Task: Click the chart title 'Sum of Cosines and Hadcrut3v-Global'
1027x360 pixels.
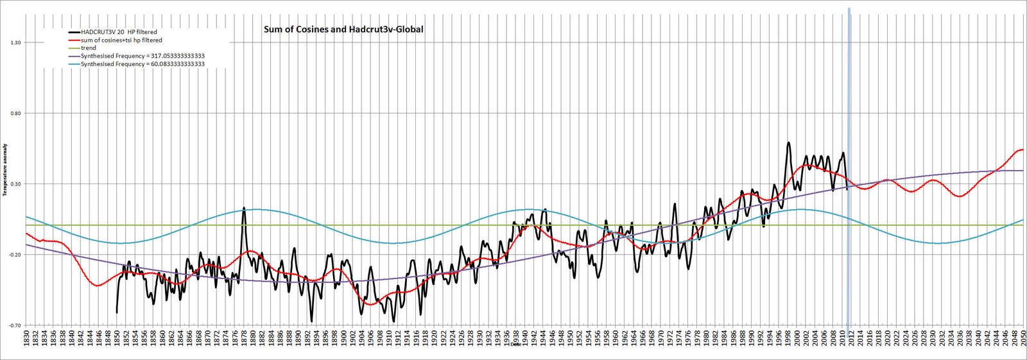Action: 343,29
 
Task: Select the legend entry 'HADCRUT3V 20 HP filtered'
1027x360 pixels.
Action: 119,32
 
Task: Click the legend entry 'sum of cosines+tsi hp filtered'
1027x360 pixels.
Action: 121,40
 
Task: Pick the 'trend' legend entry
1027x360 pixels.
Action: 89,48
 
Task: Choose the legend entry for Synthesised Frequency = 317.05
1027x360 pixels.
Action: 142,56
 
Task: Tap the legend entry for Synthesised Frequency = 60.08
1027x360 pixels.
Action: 142,64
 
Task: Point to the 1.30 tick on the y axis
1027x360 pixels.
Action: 15,42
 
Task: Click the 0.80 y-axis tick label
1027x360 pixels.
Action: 15,114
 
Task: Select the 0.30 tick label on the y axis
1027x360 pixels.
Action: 15,184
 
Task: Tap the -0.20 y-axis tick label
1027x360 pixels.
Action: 15,255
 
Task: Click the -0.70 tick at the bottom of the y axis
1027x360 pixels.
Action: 15,325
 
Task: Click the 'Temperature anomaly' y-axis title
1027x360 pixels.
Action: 5,170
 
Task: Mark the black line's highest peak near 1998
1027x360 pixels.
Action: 788,142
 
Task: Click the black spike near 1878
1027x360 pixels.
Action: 244,208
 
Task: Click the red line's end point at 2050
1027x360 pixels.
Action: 1023,150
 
